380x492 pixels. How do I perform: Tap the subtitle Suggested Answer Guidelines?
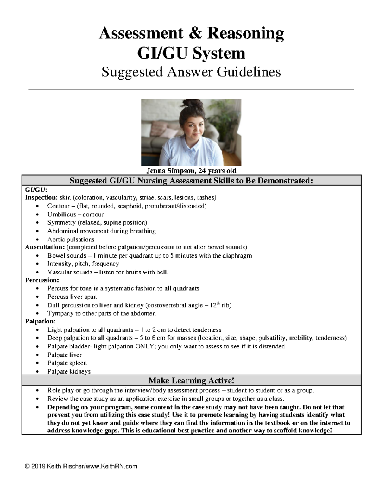[x=191, y=72]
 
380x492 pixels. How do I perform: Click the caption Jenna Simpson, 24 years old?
[x=191, y=171]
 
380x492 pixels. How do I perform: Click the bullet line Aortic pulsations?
[x=71, y=240]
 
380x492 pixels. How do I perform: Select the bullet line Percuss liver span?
[x=72, y=297]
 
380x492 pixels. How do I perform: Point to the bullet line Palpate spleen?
[x=67, y=363]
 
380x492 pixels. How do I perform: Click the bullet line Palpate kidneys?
[x=69, y=371]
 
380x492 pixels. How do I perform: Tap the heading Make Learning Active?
[x=191, y=380]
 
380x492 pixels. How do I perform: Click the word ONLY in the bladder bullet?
[x=145, y=347]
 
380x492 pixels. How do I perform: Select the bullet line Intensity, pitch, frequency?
[x=83, y=264]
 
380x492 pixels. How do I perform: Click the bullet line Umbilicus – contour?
[x=75, y=214]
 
